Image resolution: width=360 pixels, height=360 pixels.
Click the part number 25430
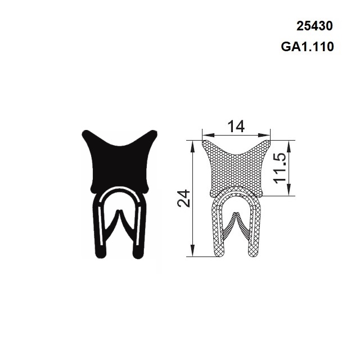point(314,26)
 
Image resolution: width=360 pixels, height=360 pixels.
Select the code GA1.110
point(308,47)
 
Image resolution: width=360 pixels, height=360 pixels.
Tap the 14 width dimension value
point(236,127)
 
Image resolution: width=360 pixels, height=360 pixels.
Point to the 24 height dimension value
point(184,199)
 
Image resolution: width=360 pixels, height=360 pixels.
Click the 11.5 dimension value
point(280,168)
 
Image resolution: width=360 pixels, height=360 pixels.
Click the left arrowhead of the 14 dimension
point(206,135)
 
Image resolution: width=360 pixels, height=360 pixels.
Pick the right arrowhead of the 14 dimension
point(265,135)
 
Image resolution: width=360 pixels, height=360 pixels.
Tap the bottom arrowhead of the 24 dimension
point(193,251)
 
